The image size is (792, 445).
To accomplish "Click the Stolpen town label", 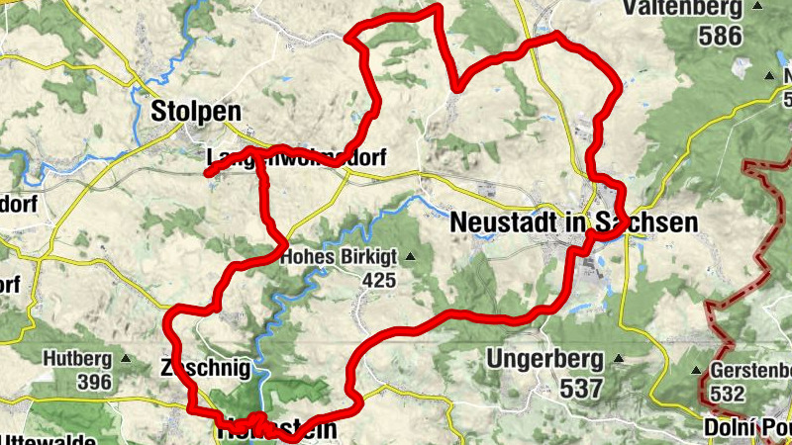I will click(x=196, y=112).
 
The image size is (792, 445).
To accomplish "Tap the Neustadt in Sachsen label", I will click(x=573, y=222).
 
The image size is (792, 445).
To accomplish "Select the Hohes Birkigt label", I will click(x=339, y=257).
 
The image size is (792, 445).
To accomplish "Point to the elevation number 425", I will click(x=378, y=281).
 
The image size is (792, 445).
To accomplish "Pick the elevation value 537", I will click(x=580, y=388).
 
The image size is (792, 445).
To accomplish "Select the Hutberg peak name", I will click(x=78, y=358).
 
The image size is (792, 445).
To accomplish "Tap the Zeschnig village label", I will click(x=211, y=368).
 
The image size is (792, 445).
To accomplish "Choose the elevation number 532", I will click(x=726, y=394).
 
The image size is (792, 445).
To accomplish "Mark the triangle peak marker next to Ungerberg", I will click(x=618, y=359).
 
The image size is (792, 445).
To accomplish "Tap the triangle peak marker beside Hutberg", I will click(x=125, y=358).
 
